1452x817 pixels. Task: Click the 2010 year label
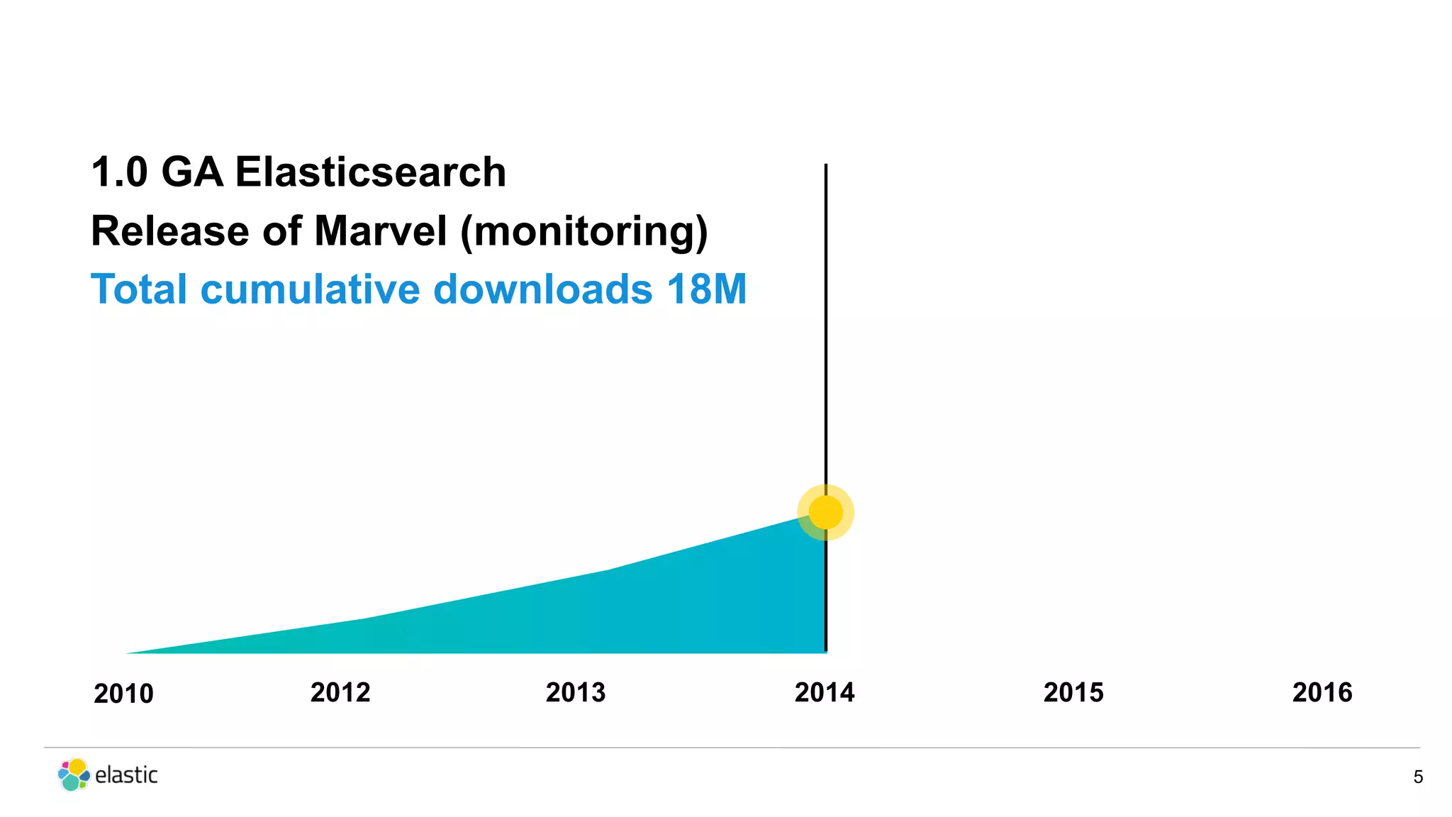pos(123,694)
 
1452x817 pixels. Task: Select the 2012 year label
pos(340,692)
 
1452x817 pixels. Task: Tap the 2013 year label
pos(576,692)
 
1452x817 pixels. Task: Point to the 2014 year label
pos(825,692)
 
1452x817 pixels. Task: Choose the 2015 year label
pos(1073,692)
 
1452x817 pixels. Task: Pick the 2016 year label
pos(1322,692)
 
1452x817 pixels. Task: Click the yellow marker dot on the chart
pos(825,512)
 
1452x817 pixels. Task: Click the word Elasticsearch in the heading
pos(370,172)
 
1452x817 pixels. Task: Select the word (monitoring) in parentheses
pos(584,232)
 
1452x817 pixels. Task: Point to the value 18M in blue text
pos(706,289)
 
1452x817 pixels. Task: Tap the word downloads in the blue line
pos(542,289)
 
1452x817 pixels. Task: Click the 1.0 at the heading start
pos(119,172)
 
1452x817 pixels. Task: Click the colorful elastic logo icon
pos(74,774)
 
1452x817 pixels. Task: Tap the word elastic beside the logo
pos(126,774)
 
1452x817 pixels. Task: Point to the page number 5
pos(1417,777)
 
